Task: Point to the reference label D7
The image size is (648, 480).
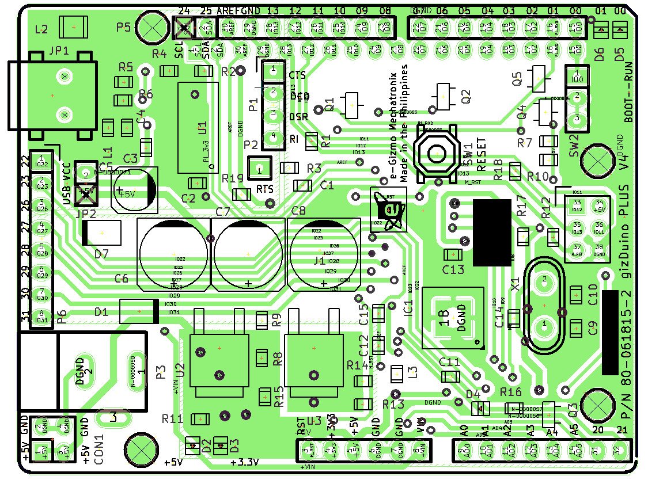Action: click(x=101, y=254)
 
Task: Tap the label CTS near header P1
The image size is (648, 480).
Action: click(x=297, y=75)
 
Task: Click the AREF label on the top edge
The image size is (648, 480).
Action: click(x=228, y=11)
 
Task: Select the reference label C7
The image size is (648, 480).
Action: click(x=222, y=212)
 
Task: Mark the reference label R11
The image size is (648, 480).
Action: click(x=172, y=418)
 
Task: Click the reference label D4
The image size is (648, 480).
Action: click(x=473, y=394)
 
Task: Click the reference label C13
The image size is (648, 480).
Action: click(x=453, y=269)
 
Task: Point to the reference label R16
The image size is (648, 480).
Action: click(x=510, y=393)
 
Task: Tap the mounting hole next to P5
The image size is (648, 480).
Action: click(x=154, y=26)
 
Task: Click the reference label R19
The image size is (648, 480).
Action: click(x=232, y=178)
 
